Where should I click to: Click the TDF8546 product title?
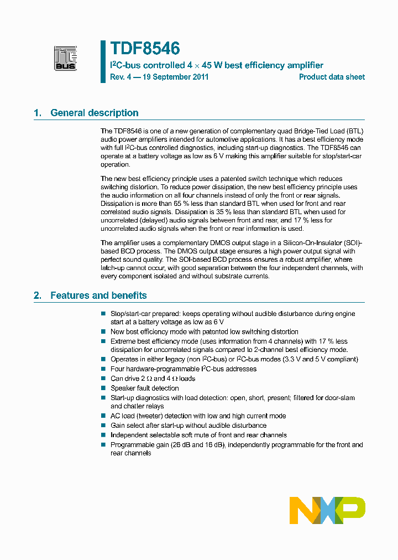tap(145, 49)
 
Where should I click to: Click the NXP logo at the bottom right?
tap(327, 510)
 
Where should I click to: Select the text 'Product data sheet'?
tap(332, 77)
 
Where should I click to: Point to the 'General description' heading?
tap(94, 113)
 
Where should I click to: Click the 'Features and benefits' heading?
tap(98, 295)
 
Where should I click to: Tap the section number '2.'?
tap(38, 295)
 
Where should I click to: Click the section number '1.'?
tap(38, 113)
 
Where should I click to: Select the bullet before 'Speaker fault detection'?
tap(103, 388)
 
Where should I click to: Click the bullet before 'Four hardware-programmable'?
tap(103, 369)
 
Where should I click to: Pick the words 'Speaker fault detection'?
tap(144, 388)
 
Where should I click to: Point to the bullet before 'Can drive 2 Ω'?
tap(103, 379)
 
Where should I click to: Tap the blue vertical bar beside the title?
tap(103, 61)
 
